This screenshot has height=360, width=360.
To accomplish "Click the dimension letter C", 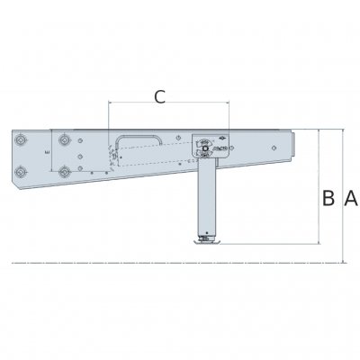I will pyautogui.click(x=159, y=97).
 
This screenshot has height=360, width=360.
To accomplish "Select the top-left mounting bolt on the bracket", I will pyautogui.click(x=19, y=140).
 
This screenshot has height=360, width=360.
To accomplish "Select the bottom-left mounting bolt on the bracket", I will pyautogui.click(x=19, y=171).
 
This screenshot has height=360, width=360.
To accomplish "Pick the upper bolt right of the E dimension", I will pyautogui.click(x=65, y=140).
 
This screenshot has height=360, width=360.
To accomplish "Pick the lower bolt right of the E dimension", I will pyautogui.click(x=65, y=170).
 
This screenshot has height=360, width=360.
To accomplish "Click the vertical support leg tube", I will pyautogui.click(x=207, y=198).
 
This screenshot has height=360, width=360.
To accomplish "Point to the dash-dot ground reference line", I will pyautogui.click(x=135, y=263).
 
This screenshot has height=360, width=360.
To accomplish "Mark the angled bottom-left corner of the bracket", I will pyautogui.click(x=15, y=184).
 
